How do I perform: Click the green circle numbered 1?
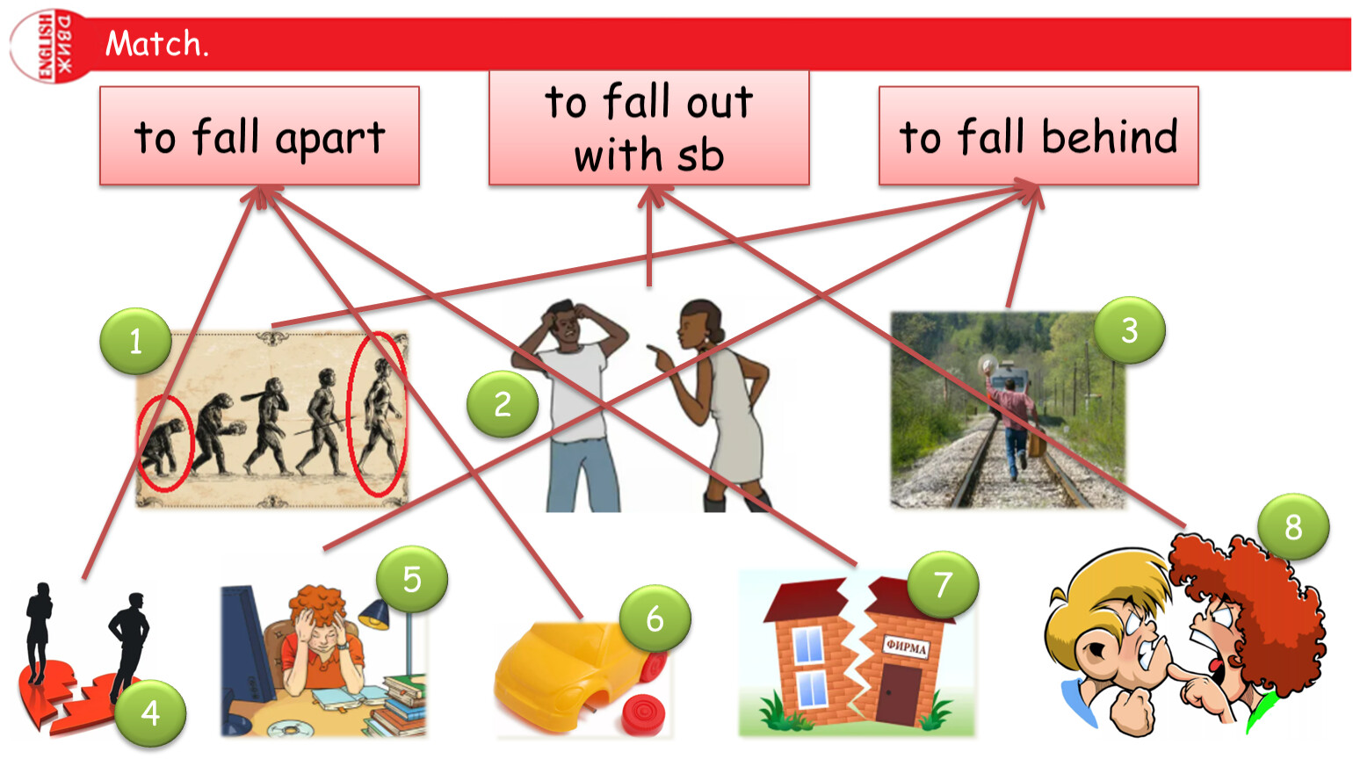click(x=135, y=341)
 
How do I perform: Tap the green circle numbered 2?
click(x=503, y=404)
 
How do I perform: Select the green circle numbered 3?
click(x=1130, y=330)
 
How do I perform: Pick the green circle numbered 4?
click(x=150, y=713)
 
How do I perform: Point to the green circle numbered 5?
click(x=412, y=580)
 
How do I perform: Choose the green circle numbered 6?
click(x=655, y=618)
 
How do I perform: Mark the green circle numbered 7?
click(x=943, y=584)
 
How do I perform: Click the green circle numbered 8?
click(x=1293, y=527)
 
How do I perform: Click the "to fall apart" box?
click(x=260, y=136)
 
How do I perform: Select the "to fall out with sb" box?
click(x=649, y=128)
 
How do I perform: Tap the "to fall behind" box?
click(x=1038, y=136)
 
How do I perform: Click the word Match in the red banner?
click(x=154, y=43)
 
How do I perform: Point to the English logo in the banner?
click(x=51, y=47)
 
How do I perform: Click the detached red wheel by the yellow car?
click(x=645, y=716)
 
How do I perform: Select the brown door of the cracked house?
click(x=898, y=694)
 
